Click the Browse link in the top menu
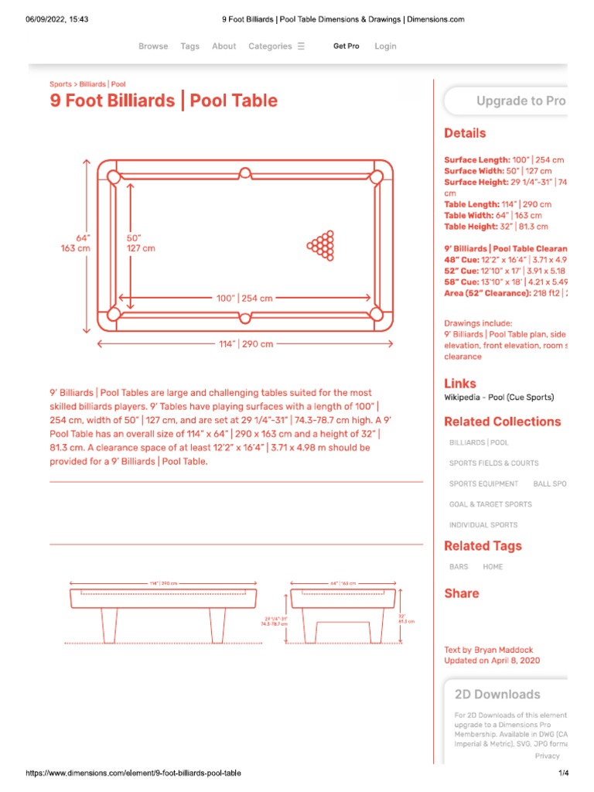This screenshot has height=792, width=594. tap(153, 46)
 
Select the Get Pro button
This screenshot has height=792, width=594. tap(346, 46)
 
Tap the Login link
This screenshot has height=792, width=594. tap(385, 46)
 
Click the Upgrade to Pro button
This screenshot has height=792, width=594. tap(521, 101)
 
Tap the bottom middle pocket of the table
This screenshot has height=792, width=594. tap(245, 316)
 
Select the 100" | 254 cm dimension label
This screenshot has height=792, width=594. tap(244, 298)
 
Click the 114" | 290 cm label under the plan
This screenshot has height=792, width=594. tap(246, 344)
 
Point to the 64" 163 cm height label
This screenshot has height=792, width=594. tap(76, 244)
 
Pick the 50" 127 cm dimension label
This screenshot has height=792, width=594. tap(141, 244)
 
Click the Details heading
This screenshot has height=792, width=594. tap(465, 133)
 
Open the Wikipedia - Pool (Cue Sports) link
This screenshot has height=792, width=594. tap(499, 398)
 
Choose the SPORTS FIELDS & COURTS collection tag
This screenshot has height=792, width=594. tap(493, 463)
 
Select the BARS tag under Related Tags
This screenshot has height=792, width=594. tap(459, 567)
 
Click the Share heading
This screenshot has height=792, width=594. tap(462, 593)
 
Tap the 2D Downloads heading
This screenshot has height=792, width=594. tap(497, 695)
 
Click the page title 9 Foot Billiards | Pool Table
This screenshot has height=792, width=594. tap(163, 101)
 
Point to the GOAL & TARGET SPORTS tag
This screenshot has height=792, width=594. tap(490, 504)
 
